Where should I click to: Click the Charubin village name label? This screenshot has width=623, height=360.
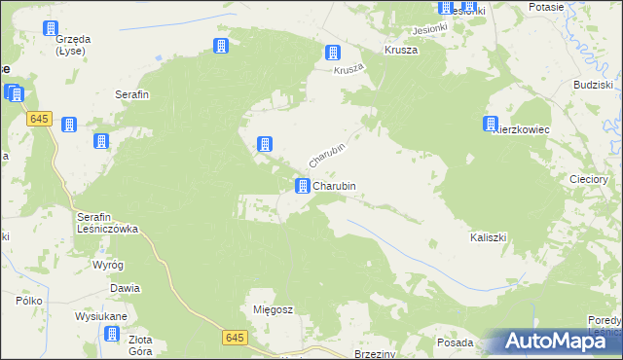click(340, 185)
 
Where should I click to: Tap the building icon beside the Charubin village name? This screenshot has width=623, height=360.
click(303, 185)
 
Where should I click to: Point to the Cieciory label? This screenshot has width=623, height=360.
click(588, 179)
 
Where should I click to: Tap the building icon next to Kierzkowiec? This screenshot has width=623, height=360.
click(490, 124)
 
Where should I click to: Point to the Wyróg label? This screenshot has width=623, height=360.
click(107, 265)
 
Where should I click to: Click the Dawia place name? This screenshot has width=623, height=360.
click(125, 288)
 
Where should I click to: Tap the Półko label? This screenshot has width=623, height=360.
click(27, 302)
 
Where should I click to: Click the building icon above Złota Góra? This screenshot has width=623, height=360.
click(112, 334)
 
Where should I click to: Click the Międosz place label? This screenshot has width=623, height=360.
click(273, 309)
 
